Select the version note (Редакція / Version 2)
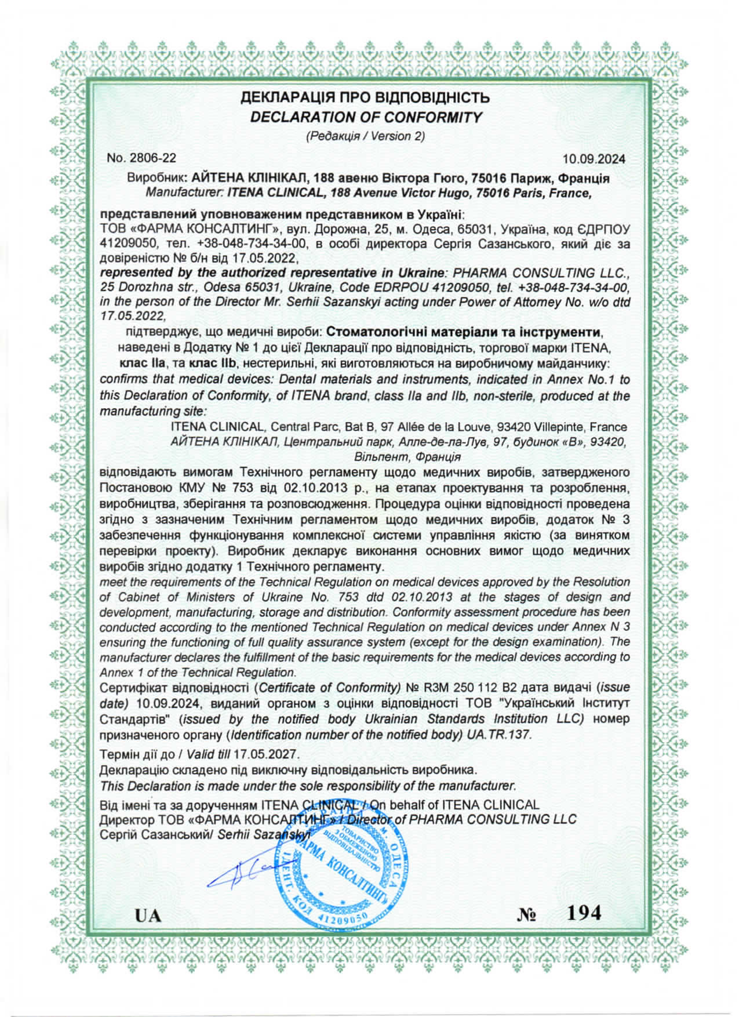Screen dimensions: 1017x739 coord(365,136)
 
